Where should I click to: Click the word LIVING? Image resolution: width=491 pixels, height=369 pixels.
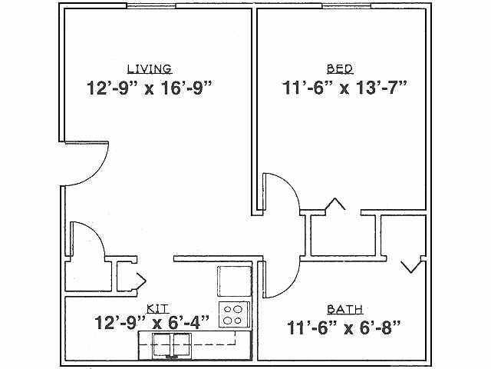tap(150, 68)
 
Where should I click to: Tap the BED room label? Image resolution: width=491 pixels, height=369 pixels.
tap(339, 68)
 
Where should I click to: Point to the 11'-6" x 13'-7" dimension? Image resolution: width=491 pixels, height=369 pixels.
tap(342, 87)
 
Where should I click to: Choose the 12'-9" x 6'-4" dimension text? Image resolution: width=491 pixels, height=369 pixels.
tap(151, 322)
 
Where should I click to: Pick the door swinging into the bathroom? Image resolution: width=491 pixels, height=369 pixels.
tap(282, 279)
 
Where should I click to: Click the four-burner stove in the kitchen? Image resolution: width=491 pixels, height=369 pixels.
tap(235, 315)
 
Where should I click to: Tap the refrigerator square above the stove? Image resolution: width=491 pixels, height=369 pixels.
tap(234, 281)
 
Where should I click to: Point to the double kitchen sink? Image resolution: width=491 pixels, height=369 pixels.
tap(171, 345)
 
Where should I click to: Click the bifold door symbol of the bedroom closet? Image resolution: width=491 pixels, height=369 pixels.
tap(335, 204)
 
